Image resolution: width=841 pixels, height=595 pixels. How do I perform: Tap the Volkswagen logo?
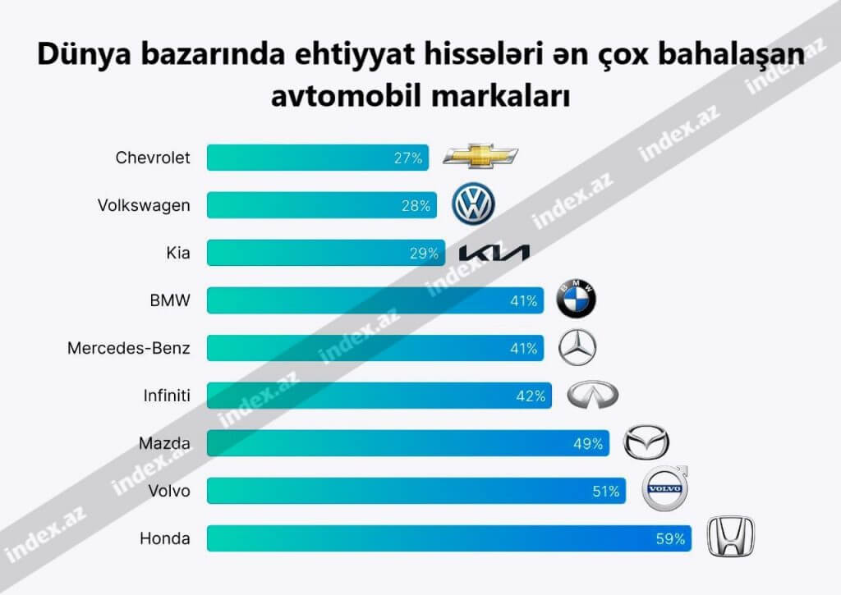pos(474,204)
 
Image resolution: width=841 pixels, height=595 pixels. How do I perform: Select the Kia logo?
pos(494,254)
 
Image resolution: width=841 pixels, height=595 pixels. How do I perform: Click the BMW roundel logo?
pos(577,300)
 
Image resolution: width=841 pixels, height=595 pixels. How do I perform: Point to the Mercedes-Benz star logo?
pos(577,348)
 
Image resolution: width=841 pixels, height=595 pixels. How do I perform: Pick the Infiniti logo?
pos(592,396)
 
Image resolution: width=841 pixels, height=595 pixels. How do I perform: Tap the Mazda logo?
pos(646,443)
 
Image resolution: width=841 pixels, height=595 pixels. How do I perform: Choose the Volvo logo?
pos(664,489)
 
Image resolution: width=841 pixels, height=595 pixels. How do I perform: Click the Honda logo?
pos(731,538)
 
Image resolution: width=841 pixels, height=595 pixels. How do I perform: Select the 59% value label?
pos(670,539)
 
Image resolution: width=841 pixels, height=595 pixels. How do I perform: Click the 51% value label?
pos(605,492)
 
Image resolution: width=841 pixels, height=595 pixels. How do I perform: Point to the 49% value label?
pos(588,444)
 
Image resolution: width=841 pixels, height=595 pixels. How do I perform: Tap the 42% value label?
pos(531,396)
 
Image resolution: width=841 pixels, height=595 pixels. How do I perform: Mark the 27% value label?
pos(407,158)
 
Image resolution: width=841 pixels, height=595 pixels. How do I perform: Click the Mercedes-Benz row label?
pos(129,349)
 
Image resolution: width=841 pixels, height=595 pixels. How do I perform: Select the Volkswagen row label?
pos(144,205)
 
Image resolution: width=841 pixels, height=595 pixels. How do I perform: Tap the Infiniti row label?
pos(166,396)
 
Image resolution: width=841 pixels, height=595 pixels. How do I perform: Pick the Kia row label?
pos(177,253)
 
